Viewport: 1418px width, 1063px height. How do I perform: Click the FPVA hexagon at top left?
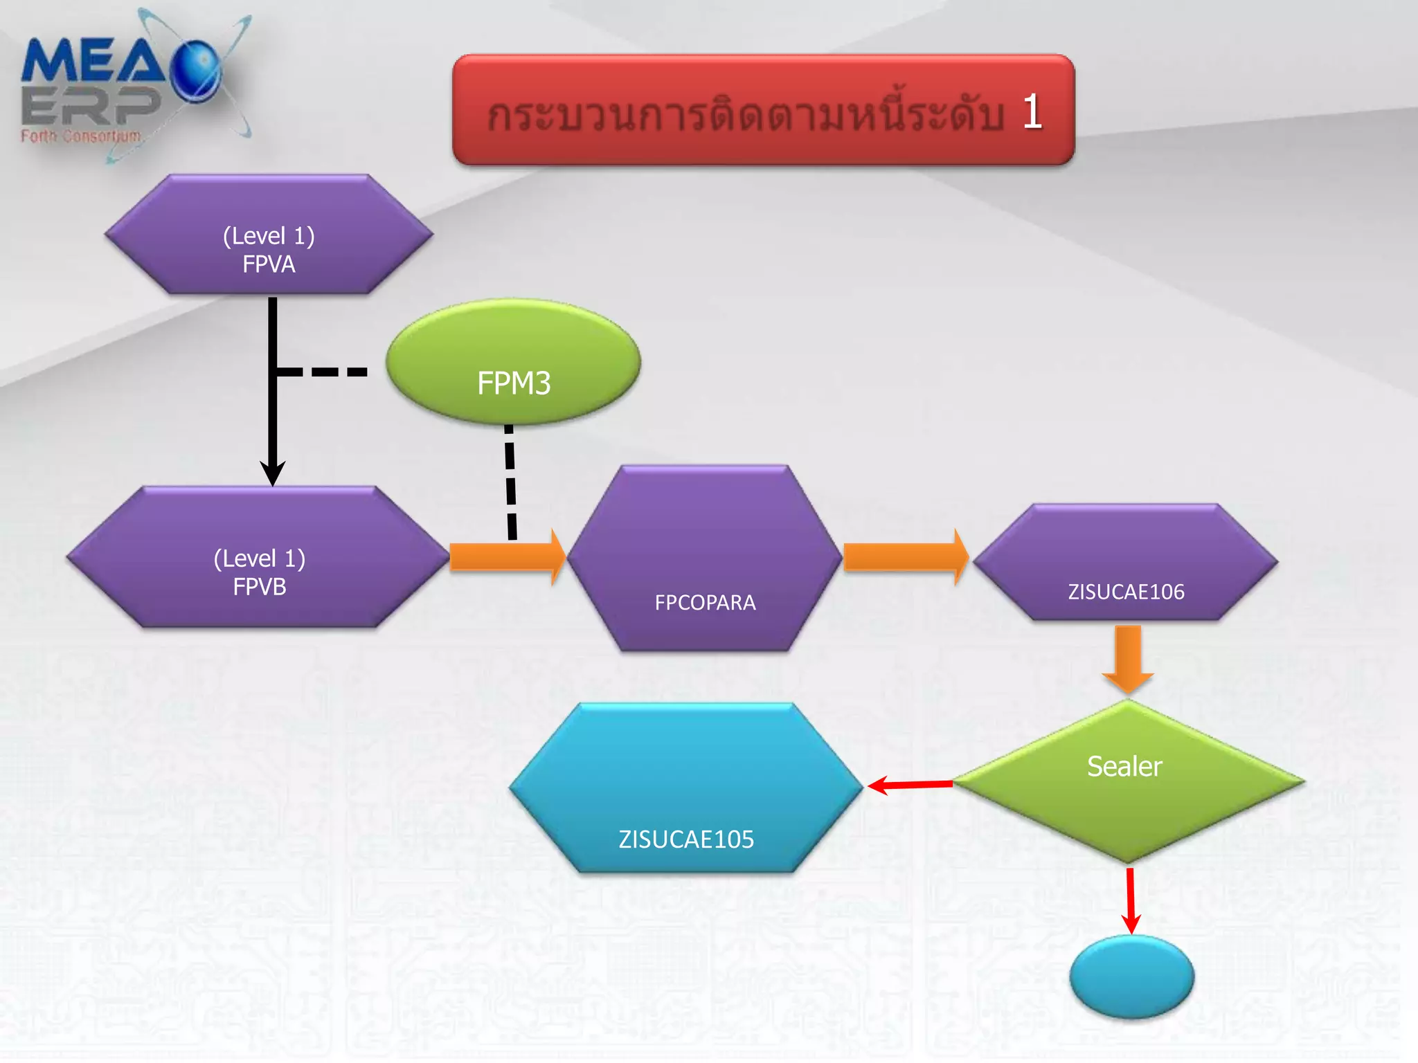(x=269, y=235)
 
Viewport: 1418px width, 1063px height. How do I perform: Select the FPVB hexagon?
(x=258, y=558)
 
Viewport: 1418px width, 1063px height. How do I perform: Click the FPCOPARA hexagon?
(x=704, y=558)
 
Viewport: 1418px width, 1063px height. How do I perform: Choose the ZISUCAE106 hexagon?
(x=1126, y=562)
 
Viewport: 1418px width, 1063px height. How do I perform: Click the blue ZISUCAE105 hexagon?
(x=686, y=788)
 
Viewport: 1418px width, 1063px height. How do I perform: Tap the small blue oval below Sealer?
(x=1131, y=976)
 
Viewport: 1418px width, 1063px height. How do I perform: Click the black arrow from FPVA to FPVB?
(x=273, y=415)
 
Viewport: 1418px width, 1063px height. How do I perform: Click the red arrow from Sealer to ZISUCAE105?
(x=910, y=785)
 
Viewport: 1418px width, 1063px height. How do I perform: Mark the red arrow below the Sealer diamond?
(x=1131, y=900)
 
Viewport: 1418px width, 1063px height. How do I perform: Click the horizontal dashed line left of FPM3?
(x=323, y=372)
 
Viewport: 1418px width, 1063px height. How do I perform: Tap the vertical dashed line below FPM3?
(x=510, y=482)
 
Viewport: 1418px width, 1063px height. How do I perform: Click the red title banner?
(x=763, y=111)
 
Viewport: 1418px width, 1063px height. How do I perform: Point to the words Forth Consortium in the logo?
(x=80, y=136)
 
